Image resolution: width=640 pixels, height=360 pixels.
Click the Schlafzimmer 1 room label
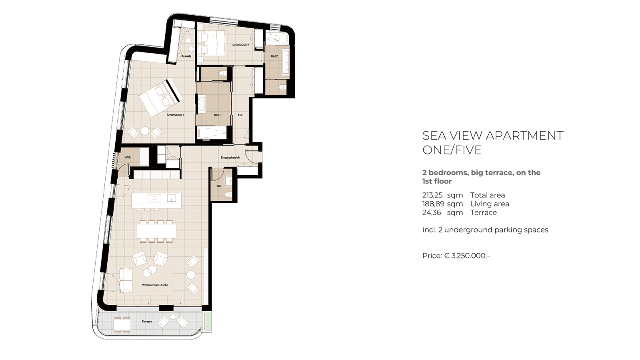pyautogui.click(x=176, y=115)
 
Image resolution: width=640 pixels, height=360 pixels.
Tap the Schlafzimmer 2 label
pyautogui.click(x=240, y=45)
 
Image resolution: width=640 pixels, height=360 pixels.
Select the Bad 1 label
pyautogui.click(x=217, y=115)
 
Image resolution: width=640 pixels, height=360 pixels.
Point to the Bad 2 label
pyautogui.click(x=274, y=56)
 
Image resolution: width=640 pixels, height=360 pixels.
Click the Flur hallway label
pyautogui.click(x=240, y=115)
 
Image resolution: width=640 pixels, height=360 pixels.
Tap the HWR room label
pyautogui.click(x=128, y=158)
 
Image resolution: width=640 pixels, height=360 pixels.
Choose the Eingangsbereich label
pyautogui.click(x=230, y=158)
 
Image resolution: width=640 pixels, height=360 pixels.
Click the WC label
pyautogui.click(x=218, y=186)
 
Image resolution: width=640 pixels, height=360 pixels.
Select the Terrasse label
pyautogui.click(x=146, y=322)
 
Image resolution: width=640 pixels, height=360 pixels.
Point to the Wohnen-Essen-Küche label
pyautogui.click(x=155, y=285)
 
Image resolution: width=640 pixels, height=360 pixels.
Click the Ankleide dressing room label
pyautogui.click(x=186, y=56)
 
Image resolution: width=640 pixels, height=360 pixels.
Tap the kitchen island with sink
pyautogui.click(x=156, y=201)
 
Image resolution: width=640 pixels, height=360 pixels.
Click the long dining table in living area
pyautogui.click(x=156, y=231)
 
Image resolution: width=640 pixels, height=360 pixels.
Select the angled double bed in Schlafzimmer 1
pyautogui.click(x=160, y=98)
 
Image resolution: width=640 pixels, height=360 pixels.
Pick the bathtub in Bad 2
pyautogui.click(x=286, y=62)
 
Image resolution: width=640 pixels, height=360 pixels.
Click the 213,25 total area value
pyautogui.click(x=432, y=195)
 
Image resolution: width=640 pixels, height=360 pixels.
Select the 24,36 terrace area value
pyautogui.click(x=432, y=212)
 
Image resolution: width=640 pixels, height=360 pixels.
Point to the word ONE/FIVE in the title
pyautogui.click(x=452, y=150)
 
